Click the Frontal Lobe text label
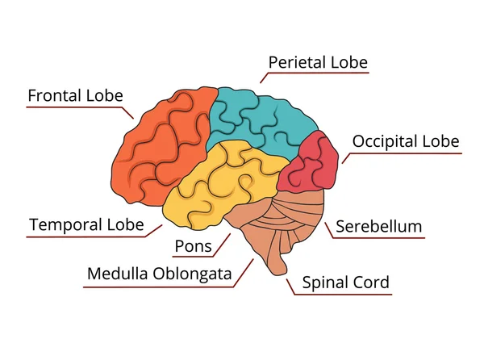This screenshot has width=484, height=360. point(75,96)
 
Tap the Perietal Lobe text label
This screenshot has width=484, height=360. point(318,62)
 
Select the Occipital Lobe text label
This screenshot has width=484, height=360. point(406,141)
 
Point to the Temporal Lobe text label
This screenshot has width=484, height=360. point(86,224)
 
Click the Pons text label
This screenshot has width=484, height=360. point(193,245)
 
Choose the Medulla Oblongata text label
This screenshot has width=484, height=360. point(160,274)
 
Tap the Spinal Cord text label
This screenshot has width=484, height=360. point(345,283)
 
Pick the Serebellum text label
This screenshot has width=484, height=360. point(378,226)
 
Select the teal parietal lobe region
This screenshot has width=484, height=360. point(258,121)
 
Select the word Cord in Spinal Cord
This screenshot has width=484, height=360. point(372,283)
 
